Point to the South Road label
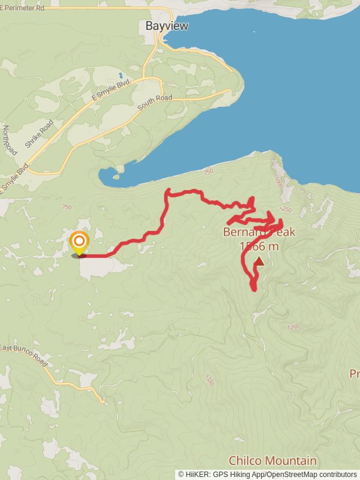coord(154,103)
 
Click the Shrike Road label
coord(40,134)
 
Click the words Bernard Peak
coord(259,232)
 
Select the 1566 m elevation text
coord(259,246)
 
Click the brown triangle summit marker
coord(259,261)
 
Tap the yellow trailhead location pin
coord(79,244)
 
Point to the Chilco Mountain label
coord(272,461)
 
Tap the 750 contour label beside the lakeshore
coord(208,172)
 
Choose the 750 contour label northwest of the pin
coord(67,207)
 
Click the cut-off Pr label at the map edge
coord(354,374)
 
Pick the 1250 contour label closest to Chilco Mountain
coord(209,380)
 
